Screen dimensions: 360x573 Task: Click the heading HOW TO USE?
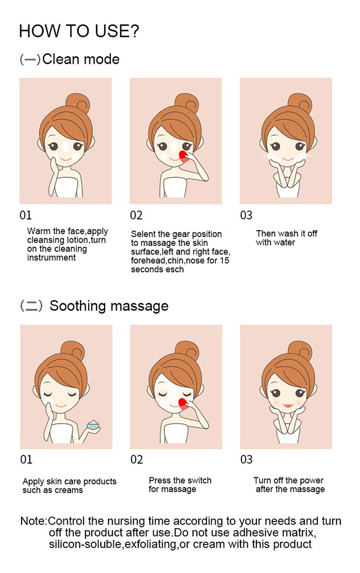click(x=79, y=31)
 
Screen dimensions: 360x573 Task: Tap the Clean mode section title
click(x=70, y=59)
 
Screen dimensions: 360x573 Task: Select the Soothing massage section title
click(x=94, y=306)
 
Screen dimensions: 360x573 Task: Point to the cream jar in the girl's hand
click(x=94, y=425)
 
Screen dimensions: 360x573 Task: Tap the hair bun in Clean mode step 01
click(x=77, y=104)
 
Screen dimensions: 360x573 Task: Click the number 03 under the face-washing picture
click(x=246, y=215)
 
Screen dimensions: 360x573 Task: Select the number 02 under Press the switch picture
click(x=136, y=459)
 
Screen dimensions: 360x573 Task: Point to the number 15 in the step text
click(x=225, y=260)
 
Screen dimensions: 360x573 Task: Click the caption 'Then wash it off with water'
click(x=287, y=238)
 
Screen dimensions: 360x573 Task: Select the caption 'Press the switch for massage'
click(x=180, y=485)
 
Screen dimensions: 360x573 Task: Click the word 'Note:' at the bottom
click(x=34, y=521)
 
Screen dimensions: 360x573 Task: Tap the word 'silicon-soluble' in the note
click(x=86, y=544)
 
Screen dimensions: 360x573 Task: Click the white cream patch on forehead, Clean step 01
click(x=66, y=146)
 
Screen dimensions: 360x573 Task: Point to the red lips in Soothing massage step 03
click(x=288, y=406)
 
